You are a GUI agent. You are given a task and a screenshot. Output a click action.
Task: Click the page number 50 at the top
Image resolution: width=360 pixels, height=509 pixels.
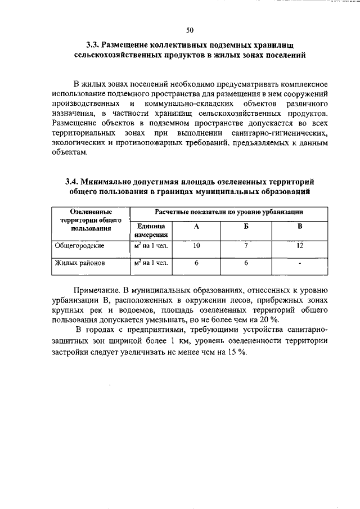click(x=190, y=30)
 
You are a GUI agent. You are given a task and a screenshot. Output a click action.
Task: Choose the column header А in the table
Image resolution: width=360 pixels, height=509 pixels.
click(x=196, y=226)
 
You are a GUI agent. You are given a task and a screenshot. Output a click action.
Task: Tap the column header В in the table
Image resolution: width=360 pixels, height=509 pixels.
click(x=300, y=226)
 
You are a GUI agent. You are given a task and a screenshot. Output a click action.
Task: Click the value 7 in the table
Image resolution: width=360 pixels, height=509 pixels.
click(x=246, y=246)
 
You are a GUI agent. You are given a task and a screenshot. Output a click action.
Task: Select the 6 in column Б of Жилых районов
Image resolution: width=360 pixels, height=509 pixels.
click(x=246, y=263)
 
